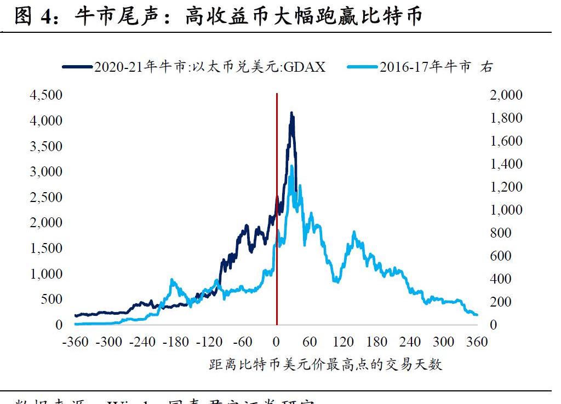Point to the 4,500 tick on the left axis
47,95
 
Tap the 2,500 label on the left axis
47,197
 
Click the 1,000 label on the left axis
47,274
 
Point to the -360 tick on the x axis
76,342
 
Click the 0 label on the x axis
276,342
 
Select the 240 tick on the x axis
410,342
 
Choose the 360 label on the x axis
477,342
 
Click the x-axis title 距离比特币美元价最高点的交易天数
325,365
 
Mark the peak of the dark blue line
291,113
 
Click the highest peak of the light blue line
291,166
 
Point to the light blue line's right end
477,315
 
